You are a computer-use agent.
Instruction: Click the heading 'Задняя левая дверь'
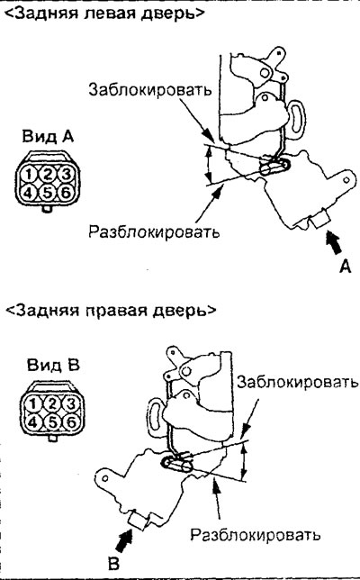click(x=105, y=13)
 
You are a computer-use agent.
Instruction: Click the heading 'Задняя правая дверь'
click(x=111, y=309)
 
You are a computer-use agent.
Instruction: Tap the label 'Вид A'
click(x=48, y=137)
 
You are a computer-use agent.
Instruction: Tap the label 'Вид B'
click(x=53, y=365)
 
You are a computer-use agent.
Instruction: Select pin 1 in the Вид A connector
click(x=29, y=174)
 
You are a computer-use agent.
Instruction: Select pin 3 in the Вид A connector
click(x=66, y=174)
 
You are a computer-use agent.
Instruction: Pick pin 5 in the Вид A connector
click(x=48, y=193)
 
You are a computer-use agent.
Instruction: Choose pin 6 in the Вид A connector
click(x=66, y=193)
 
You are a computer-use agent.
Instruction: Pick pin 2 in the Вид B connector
click(x=52, y=403)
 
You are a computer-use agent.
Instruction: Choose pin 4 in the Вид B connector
click(x=33, y=421)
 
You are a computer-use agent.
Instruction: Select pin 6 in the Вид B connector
click(x=71, y=421)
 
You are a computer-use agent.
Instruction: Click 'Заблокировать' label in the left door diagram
click(x=150, y=89)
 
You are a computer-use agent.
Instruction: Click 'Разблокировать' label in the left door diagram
click(x=154, y=231)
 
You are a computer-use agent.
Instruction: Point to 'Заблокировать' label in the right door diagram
click(x=298, y=382)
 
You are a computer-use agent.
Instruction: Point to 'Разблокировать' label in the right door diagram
click(x=256, y=534)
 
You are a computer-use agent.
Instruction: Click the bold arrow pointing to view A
click(x=334, y=242)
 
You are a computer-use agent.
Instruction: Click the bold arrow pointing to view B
click(x=124, y=541)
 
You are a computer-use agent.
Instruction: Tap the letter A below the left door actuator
click(x=345, y=266)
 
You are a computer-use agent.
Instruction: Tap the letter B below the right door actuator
click(x=113, y=564)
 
